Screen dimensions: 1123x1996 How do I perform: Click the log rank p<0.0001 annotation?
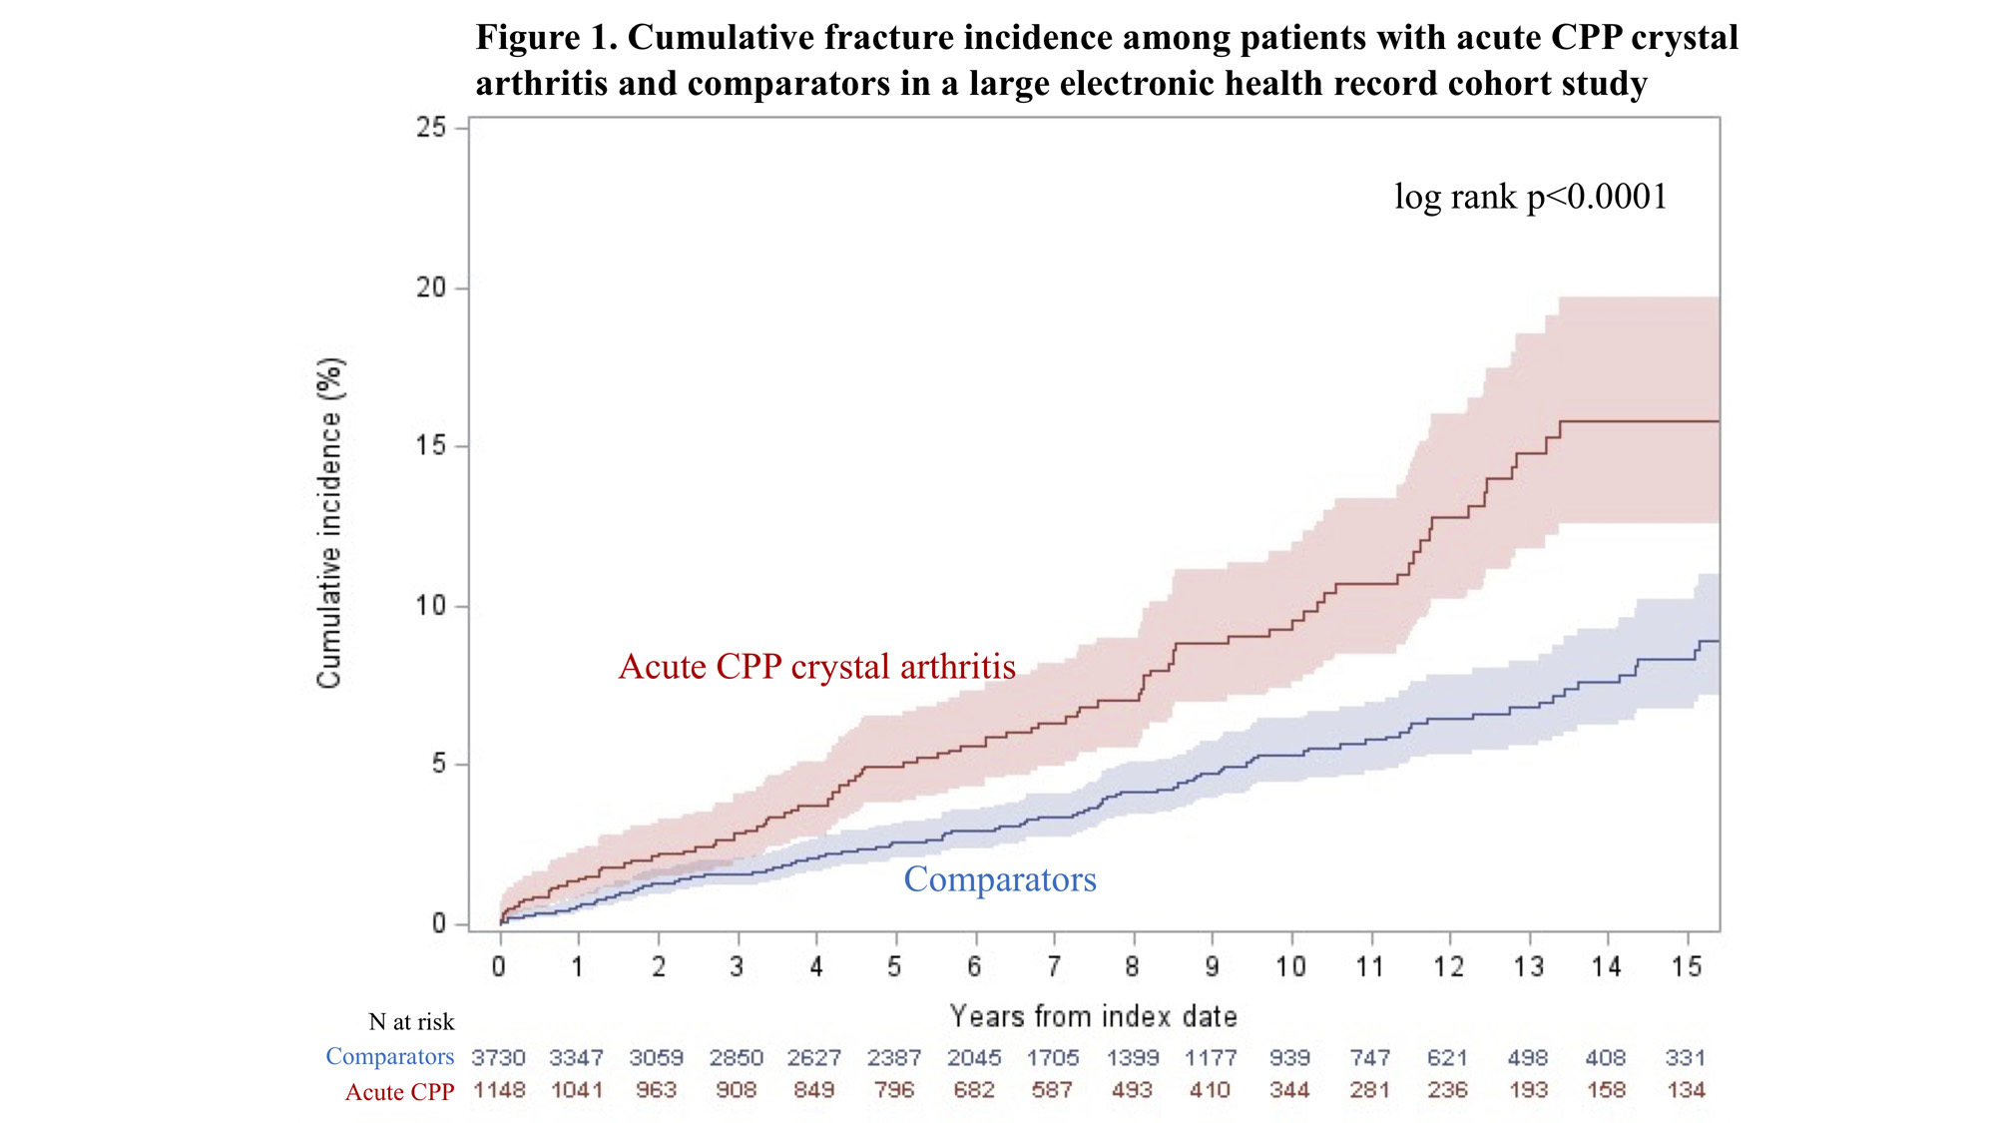pos(1530,197)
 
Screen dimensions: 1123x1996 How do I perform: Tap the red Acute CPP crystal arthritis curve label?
pos(816,667)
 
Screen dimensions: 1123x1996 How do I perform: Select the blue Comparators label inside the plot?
pos(999,879)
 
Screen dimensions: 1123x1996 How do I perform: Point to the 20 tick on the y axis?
pos(431,287)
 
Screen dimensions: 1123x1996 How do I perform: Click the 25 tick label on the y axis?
pos(431,128)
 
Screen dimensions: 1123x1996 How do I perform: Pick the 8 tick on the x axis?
pos(1132,966)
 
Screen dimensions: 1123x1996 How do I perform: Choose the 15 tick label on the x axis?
pos(1687,966)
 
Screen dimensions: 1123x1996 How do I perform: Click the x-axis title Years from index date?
pos(1093,1017)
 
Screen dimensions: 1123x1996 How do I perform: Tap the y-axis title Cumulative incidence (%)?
pos(330,523)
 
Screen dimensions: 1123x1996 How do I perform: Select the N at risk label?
pos(411,1022)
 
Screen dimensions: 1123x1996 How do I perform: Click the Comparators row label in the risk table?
pos(389,1057)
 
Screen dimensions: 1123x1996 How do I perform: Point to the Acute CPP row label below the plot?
pos(399,1092)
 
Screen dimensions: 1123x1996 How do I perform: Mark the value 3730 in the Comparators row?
pos(498,1058)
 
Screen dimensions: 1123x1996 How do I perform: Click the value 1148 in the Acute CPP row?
pos(498,1090)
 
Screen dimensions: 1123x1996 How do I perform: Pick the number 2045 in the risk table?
pos(973,1058)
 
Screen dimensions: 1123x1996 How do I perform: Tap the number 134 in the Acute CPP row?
pos(1686,1090)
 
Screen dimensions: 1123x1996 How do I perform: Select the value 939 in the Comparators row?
pos(1289,1058)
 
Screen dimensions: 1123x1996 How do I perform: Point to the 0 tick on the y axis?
pos(439,924)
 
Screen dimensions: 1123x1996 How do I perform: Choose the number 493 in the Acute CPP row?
pos(1131,1090)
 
